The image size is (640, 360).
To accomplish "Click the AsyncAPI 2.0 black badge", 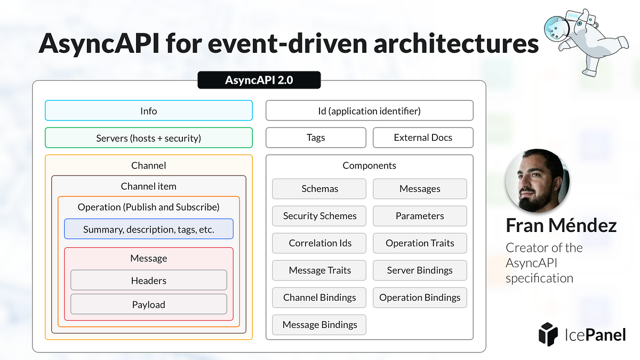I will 259,81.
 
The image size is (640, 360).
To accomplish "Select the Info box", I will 148,111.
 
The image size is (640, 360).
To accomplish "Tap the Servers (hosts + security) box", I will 148,138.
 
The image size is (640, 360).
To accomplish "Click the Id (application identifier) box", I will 369,111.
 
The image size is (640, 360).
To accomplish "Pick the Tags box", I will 316,138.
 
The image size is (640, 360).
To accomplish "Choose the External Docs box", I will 422,138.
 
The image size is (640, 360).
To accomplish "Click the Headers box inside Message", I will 148,281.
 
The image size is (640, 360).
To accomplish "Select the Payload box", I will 148,305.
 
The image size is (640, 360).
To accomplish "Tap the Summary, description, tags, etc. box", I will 148,229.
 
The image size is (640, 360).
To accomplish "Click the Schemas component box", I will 319,189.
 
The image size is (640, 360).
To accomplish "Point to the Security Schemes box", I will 319,216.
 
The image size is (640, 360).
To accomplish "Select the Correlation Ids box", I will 319,243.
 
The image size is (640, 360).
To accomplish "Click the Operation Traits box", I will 420,243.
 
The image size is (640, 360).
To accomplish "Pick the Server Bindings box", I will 420,270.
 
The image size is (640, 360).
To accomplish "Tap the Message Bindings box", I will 319,324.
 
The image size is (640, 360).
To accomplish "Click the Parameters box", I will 420,216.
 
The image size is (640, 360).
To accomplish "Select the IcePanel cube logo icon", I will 548,334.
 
